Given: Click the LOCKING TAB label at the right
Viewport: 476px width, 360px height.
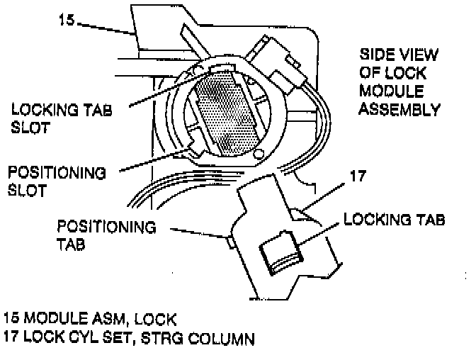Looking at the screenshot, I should [x=394, y=220].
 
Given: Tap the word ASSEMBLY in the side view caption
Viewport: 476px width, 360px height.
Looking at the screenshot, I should [x=400, y=110].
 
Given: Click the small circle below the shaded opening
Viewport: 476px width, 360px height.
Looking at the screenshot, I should [x=259, y=154].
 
